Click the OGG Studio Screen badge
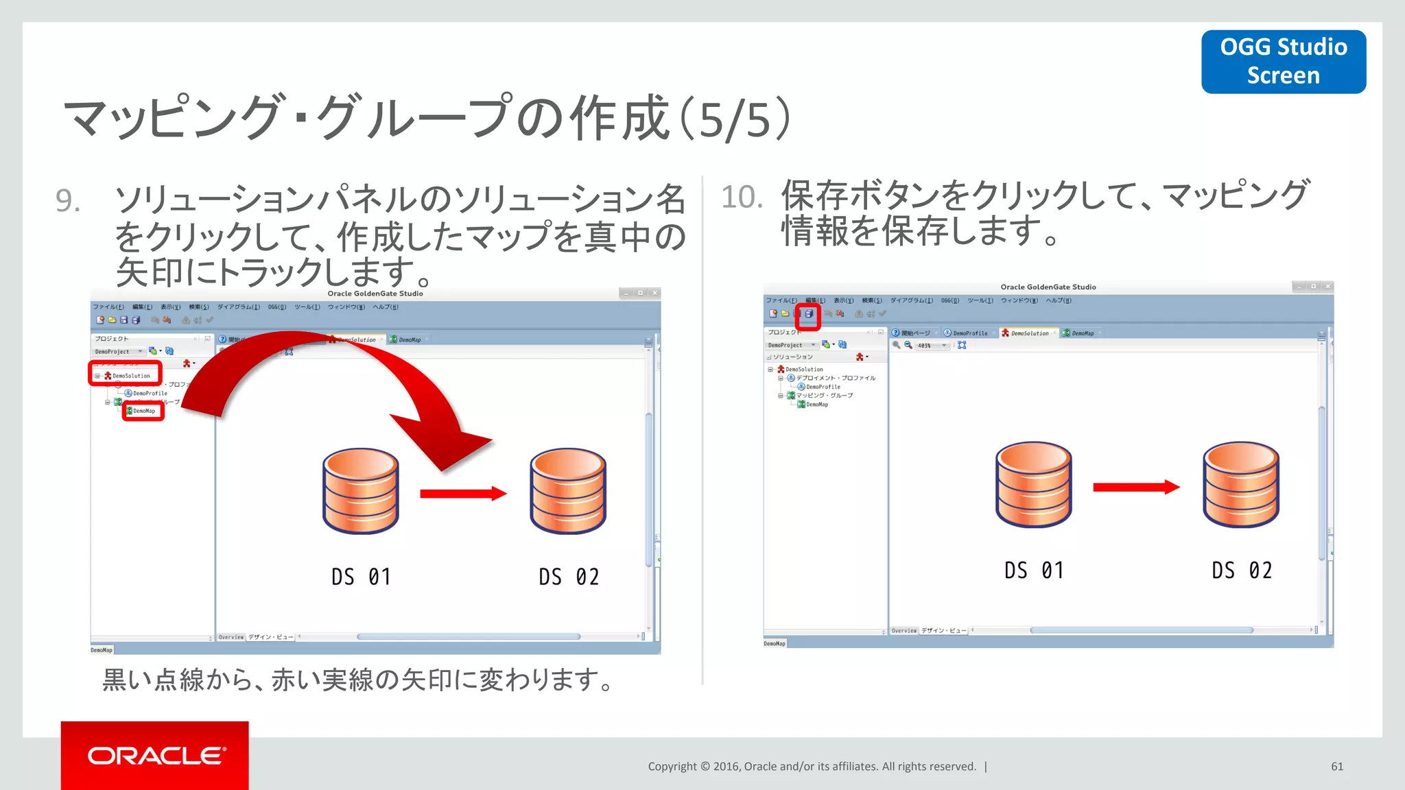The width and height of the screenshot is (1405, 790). tap(1283, 61)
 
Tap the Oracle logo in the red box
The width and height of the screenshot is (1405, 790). tap(156, 756)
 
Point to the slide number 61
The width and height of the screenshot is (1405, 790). tap(1336, 767)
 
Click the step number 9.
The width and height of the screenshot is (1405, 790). tap(68, 201)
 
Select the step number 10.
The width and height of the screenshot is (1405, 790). tap(742, 197)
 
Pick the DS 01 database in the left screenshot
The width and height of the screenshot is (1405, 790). tap(361, 491)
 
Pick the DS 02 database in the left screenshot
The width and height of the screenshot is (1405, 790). tap(568, 491)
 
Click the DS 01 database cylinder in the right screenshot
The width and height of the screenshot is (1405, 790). tap(1033, 484)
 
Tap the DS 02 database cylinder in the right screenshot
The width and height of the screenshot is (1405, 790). tap(1240, 484)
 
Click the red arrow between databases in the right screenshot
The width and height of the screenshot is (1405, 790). tap(1135, 488)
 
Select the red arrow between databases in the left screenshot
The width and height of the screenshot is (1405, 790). tap(462, 494)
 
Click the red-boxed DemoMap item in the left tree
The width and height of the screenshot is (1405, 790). tap(143, 411)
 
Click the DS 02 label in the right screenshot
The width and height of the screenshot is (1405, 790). tap(1241, 571)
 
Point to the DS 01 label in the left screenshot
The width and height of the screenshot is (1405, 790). tap(361, 577)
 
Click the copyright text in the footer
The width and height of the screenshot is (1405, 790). tap(812, 767)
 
